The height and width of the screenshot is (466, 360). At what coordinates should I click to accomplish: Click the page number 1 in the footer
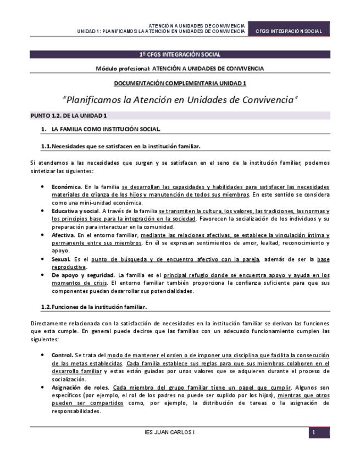[x=313, y=433]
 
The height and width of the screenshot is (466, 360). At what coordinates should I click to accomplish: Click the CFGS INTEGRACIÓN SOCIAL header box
[x=289, y=31]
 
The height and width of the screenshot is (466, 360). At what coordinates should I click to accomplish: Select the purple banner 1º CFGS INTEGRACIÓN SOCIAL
[x=180, y=54]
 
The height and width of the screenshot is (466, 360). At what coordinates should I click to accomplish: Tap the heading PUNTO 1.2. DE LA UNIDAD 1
[x=68, y=115]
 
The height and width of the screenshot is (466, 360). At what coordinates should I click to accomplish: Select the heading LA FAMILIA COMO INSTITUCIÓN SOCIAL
[x=106, y=130]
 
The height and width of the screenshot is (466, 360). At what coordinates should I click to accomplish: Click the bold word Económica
[x=66, y=187]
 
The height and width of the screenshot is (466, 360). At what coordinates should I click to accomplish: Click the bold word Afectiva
[x=63, y=235]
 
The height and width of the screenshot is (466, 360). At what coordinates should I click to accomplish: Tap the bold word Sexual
[x=61, y=259]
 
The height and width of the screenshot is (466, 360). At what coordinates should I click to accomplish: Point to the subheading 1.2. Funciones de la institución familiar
[x=94, y=306]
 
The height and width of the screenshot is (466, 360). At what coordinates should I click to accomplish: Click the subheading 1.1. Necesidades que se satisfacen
[x=121, y=146]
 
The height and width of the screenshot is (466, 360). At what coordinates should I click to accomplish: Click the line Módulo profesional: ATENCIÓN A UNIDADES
[x=180, y=69]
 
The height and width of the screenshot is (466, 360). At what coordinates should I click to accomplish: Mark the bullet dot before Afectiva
[x=43, y=235]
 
